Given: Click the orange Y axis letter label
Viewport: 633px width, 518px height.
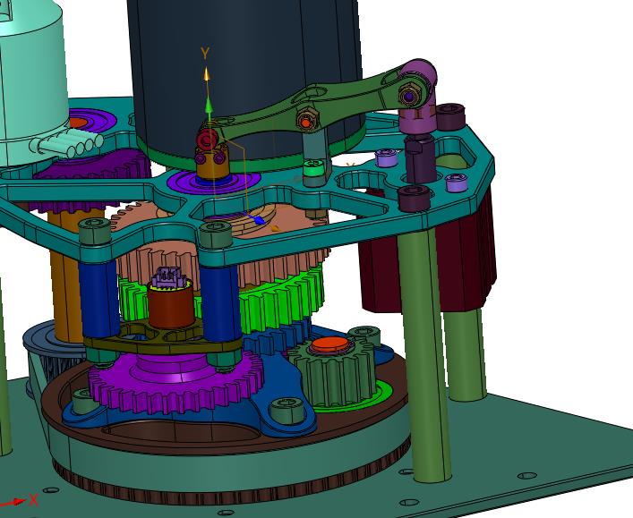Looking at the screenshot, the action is tap(206, 53).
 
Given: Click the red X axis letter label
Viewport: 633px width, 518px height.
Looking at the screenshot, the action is tap(34, 500).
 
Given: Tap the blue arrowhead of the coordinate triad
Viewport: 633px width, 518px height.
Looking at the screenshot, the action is tap(259, 220).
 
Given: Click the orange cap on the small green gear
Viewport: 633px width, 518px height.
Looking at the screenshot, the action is tap(330, 344).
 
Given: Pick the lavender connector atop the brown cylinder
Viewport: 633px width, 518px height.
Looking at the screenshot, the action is tap(168, 278).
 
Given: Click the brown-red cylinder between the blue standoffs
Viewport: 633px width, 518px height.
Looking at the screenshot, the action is tap(171, 305).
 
